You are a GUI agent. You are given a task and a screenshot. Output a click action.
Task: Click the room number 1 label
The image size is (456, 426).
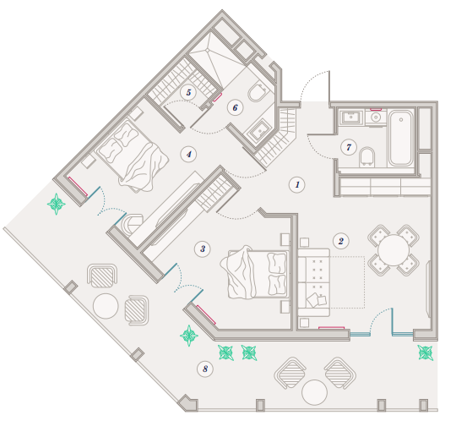coord(297,184)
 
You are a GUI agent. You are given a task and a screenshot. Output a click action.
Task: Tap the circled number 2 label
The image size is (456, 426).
coord(341,241)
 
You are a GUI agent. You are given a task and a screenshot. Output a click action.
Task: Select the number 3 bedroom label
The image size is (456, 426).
coord(203,249)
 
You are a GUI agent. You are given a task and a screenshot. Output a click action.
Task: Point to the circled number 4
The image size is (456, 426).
coord(188,154)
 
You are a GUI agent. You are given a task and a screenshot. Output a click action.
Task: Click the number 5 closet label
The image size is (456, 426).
coord(188,93)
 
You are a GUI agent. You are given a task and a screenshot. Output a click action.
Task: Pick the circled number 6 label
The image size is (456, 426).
coord(235,107)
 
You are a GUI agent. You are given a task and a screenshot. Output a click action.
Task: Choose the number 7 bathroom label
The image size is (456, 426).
coord(349,147)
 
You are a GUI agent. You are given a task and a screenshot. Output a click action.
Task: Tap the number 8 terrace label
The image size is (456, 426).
coord(205,369)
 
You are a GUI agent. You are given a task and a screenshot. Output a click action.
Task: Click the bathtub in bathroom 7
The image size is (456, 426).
coord(401,138)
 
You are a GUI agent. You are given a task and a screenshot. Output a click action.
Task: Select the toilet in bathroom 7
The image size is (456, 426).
coord(366,157)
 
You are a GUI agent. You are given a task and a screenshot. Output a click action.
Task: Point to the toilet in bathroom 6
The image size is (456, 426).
coord(257,92)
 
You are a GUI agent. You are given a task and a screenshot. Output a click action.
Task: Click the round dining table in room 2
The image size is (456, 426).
coord(394,250)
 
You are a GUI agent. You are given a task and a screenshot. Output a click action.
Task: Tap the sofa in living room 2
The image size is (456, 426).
coord(314,282)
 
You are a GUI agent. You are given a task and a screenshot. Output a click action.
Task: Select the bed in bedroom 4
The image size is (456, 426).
coord(133,156)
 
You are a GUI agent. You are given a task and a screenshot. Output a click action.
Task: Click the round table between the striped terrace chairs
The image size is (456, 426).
coord(314,392)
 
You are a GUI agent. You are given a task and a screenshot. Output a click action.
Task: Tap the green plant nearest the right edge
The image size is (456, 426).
coord(426,352)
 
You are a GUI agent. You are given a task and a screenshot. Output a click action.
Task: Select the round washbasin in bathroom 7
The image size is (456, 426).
coord(376,117)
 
